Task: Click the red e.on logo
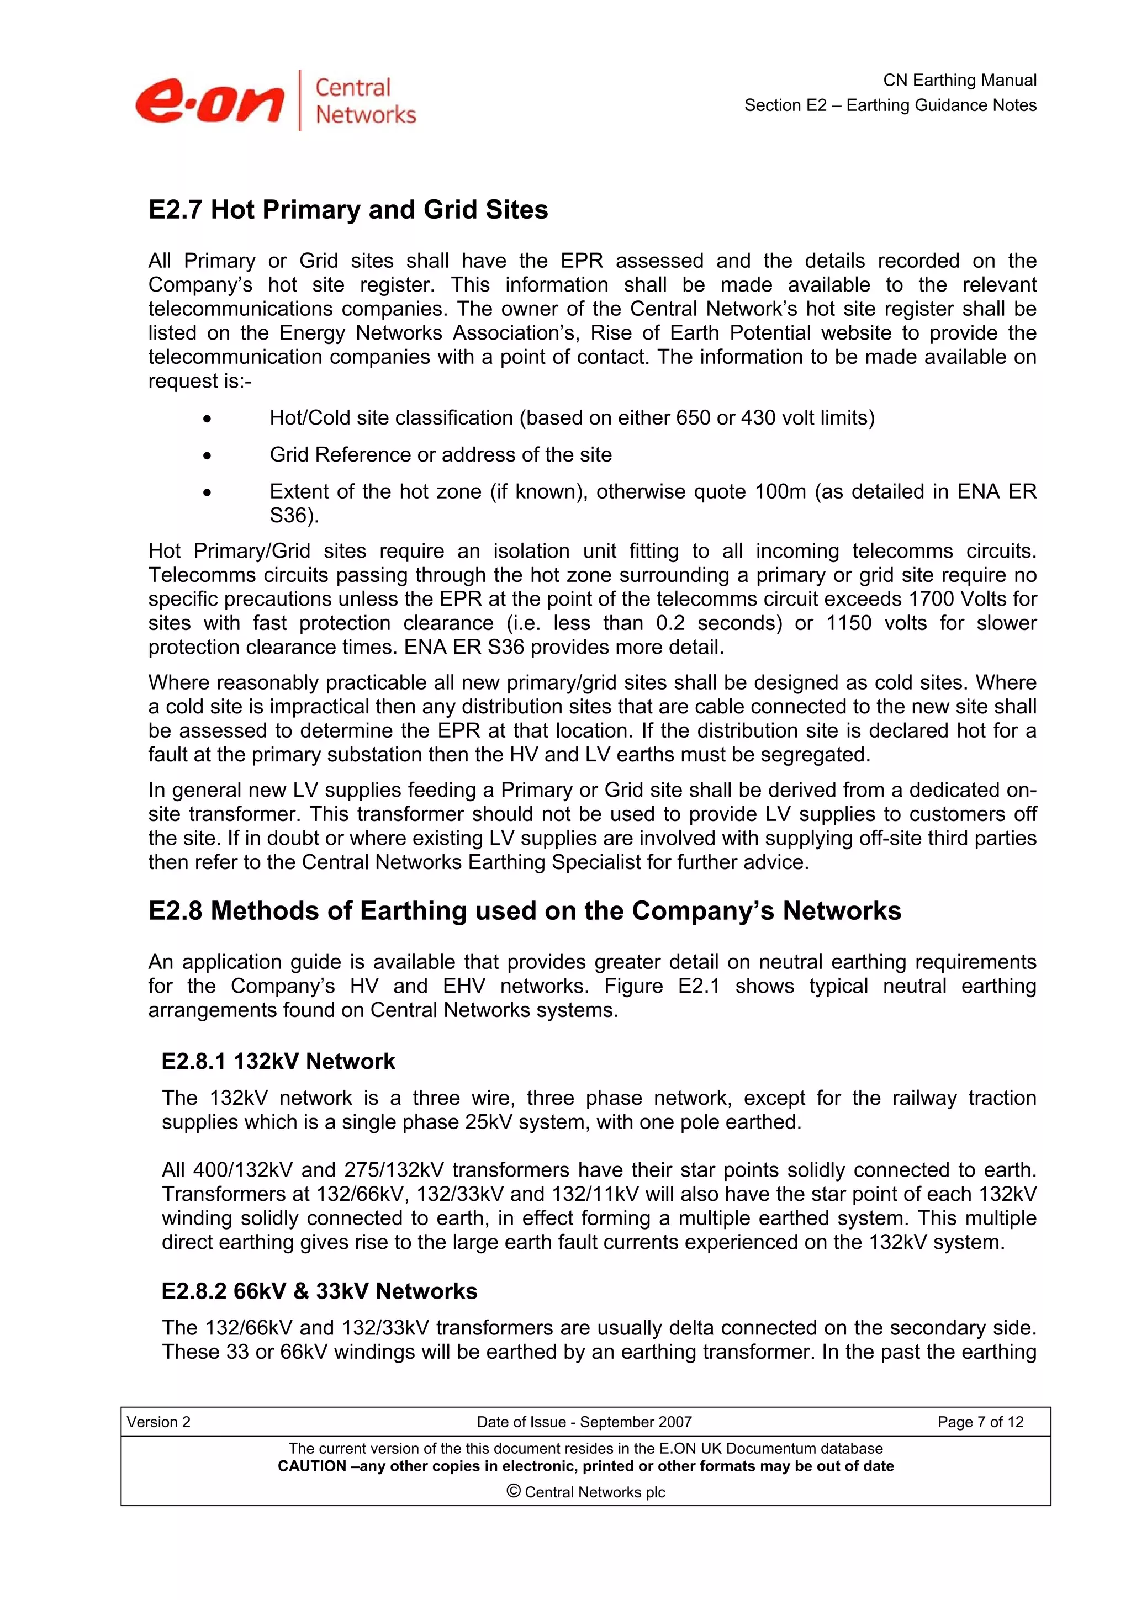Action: (209, 102)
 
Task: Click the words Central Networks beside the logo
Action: (364, 101)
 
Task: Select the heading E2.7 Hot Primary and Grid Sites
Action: (348, 210)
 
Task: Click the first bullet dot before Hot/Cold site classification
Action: (207, 419)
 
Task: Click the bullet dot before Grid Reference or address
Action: (207, 455)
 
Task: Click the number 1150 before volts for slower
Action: (848, 623)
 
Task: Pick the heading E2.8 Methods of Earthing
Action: (524, 912)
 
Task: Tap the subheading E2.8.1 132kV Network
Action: (278, 1061)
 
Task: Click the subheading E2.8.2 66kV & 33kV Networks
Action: (319, 1291)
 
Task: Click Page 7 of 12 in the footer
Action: (980, 1422)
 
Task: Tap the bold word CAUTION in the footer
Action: (311, 1466)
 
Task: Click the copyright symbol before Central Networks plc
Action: (514, 1491)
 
